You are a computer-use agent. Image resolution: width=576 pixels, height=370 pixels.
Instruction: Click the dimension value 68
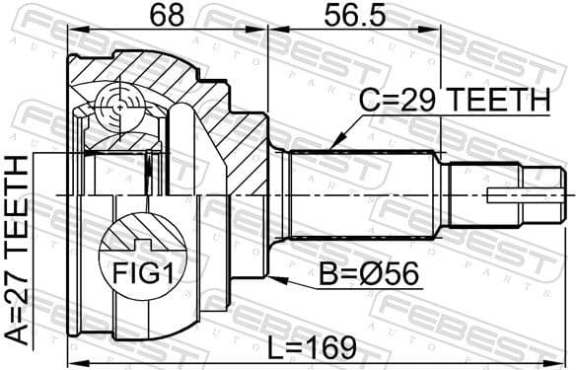point(165,18)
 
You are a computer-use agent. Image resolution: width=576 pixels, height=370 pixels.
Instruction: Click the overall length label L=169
point(316,347)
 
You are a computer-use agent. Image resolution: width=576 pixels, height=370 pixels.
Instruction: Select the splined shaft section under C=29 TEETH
point(365,195)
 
